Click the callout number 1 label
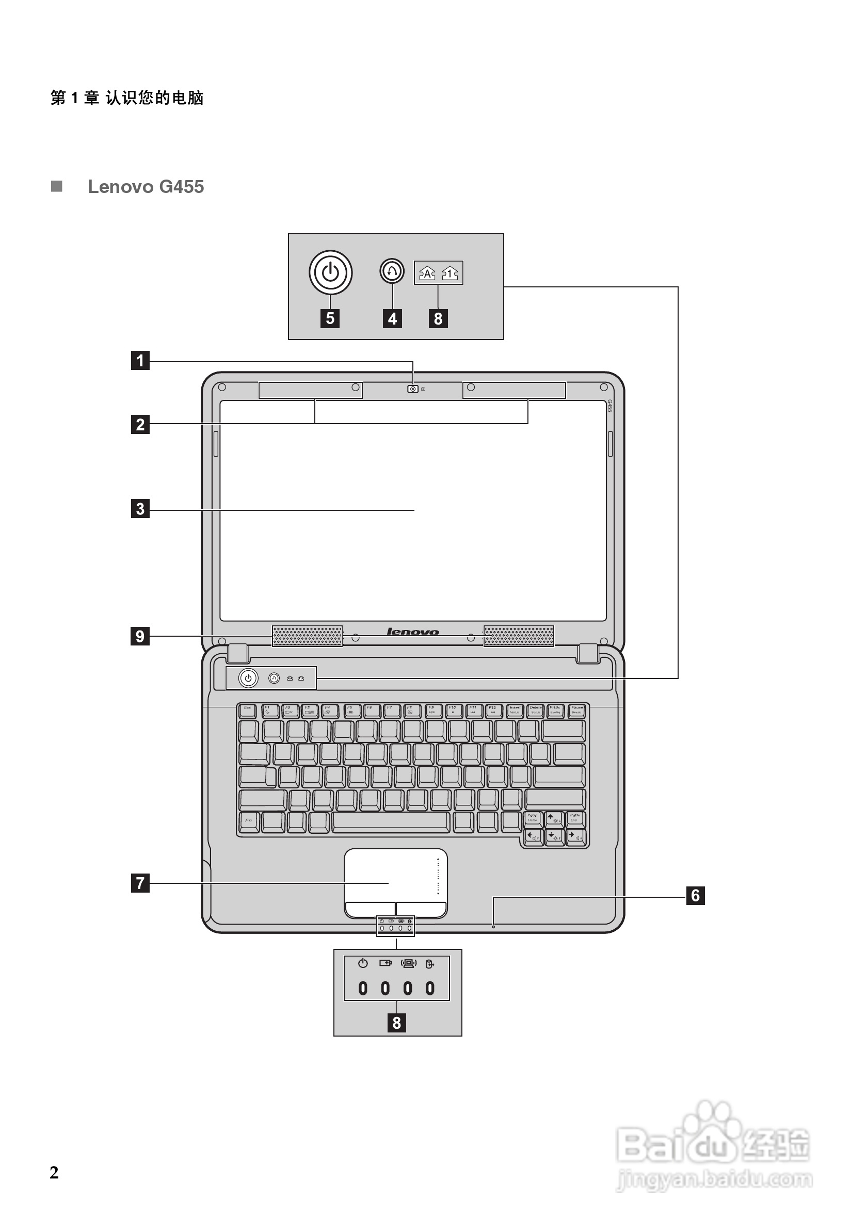click(140, 361)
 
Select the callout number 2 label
click(140, 424)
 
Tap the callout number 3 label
click(140, 508)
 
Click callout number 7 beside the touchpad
click(140, 882)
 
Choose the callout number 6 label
click(695, 895)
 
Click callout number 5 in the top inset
click(330, 318)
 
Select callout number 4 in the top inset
click(393, 318)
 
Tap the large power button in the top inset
click(330, 272)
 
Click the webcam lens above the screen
click(413, 389)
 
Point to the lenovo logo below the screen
click(412, 632)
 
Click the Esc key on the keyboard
click(247, 710)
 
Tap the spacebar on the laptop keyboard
click(391, 822)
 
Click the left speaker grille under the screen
click(307, 636)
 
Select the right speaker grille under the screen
click(518, 636)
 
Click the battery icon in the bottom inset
click(385, 963)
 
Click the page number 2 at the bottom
click(54, 1172)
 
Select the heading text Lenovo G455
click(146, 187)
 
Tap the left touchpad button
click(370, 909)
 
